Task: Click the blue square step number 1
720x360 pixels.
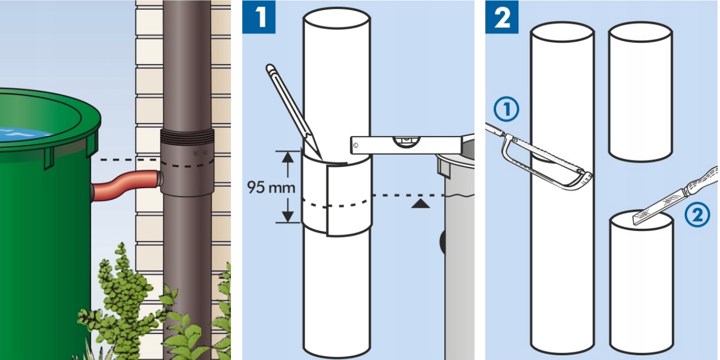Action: click(259, 17)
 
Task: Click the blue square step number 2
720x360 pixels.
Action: click(502, 17)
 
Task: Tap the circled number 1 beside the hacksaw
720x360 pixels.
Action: click(506, 109)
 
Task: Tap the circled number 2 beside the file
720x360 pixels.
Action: click(697, 215)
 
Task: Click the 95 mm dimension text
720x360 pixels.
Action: click(271, 187)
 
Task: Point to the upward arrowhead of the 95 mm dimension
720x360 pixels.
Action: click(287, 157)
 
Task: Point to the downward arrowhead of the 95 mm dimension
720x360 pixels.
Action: click(287, 217)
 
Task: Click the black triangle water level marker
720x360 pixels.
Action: click(420, 204)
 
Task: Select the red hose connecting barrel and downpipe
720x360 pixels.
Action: click(125, 187)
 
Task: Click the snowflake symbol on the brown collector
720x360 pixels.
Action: click(195, 153)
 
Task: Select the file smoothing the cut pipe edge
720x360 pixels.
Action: click(675, 197)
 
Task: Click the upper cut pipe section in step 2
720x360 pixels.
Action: click(641, 91)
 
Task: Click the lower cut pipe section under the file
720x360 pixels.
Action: click(642, 285)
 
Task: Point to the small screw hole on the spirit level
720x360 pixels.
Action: click(356, 145)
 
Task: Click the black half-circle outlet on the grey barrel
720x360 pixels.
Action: click(443, 242)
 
